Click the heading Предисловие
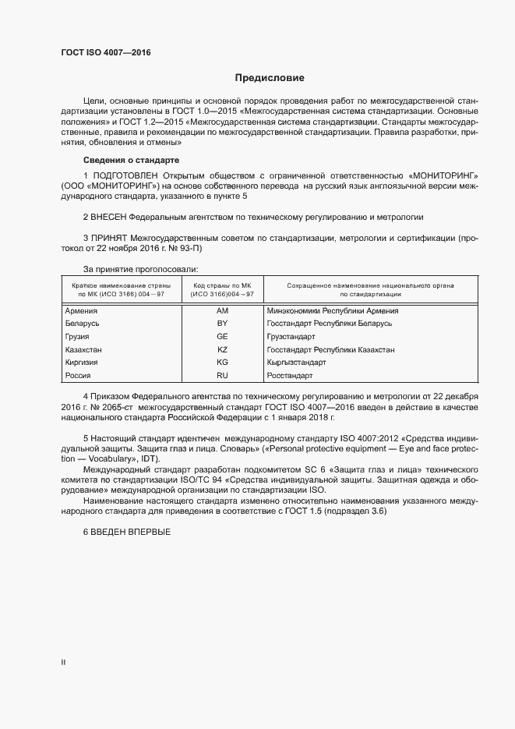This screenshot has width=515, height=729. pos(270,78)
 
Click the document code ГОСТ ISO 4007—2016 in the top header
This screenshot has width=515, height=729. pos(105,53)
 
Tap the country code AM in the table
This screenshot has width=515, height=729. pos(222,310)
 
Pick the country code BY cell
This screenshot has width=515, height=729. pos(222,323)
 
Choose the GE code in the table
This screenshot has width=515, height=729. pos(222,336)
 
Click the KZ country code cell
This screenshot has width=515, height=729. pos(222,349)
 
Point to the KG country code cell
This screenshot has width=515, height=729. pos(222,363)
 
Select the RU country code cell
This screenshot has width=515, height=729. pos(222,376)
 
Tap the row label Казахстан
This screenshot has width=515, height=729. pos(83,349)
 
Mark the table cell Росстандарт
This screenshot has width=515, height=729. pos(291,376)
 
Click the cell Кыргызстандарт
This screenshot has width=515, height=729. pos(296,363)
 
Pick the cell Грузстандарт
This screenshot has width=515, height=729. pos(291,336)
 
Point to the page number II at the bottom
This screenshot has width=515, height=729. pos(63,662)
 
